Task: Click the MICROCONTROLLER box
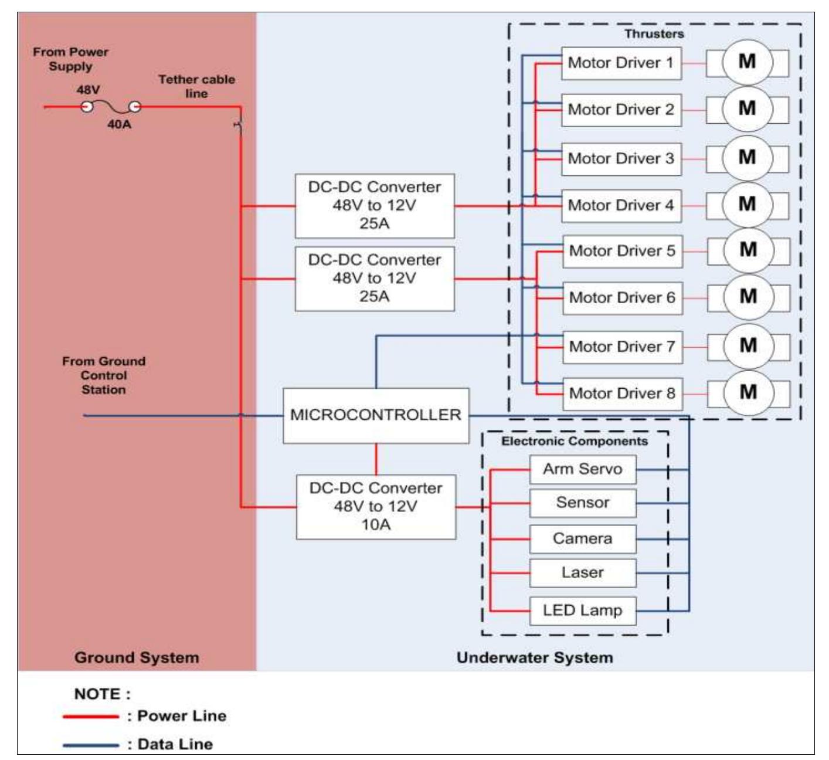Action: pos(376,415)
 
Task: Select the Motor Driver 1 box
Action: pos(621,63)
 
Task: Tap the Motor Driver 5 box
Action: pos(622,251)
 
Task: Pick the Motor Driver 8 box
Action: pos(622,393)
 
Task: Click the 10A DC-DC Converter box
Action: pos(376,507)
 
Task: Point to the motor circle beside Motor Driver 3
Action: pos(747,158)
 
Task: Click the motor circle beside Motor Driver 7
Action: pos(748,346)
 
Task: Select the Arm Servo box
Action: pos(582,469)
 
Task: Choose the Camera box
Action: pos(582,539)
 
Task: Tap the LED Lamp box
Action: pos(582,610)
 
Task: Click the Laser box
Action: pos(582,573)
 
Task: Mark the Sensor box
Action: pos(582,503)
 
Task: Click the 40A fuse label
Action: pos(119,124)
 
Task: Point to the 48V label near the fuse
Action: pos(88,90)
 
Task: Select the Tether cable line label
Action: pos(196,86)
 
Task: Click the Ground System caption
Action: pos(137,657)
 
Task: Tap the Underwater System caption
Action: pos(535,657)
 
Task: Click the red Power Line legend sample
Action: pos(91,717)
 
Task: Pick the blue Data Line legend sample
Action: pos(91,745)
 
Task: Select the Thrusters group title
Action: pos(654,34)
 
